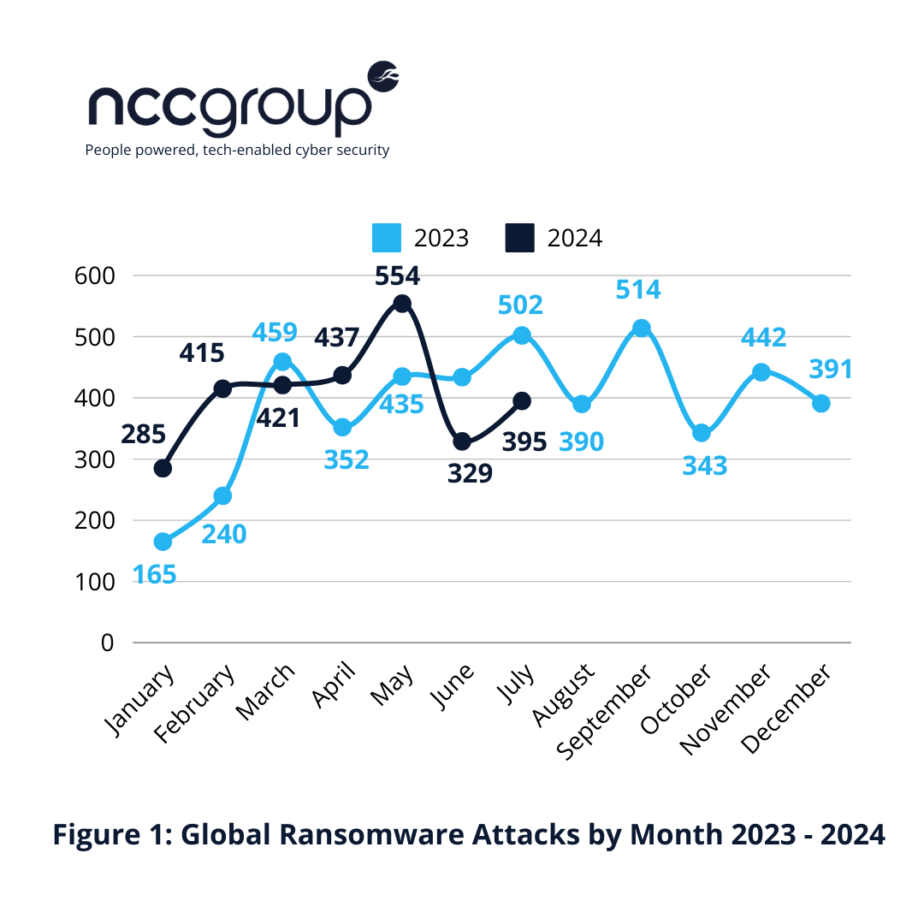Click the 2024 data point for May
click(x=402, y=303)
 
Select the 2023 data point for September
click(x=642, y=328)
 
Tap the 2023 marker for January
click(x=163, y=542)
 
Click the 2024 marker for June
click(x=462, y=441)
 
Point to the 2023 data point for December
click(x=820, y=403)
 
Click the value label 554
click(x=398, y=275)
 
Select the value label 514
click(x=638, y=290)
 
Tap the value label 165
click(x=154, y=574)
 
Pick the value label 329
click(x=470, y=472)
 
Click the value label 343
click(x=704, y=466)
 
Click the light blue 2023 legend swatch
click(x=387, y=238)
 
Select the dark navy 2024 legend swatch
click(x=519, y=238)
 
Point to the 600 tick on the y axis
click(x=95, y=275)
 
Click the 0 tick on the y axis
click(x=107, y=642)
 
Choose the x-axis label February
click(x=196, y=707)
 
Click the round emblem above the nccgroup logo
click(x=383, y=76)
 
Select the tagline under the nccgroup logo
click(x=237, y=151)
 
